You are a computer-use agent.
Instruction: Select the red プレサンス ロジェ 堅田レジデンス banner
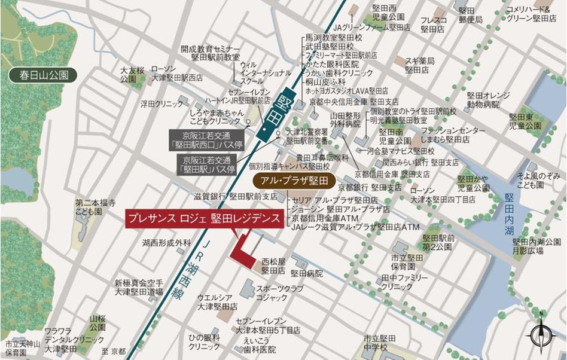pyautogui.click(x=204, y=218)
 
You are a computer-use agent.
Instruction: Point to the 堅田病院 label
pyautogui.click(x=306, y=273)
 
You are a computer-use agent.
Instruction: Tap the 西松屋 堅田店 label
pyautogui.click(x=275, y=266)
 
